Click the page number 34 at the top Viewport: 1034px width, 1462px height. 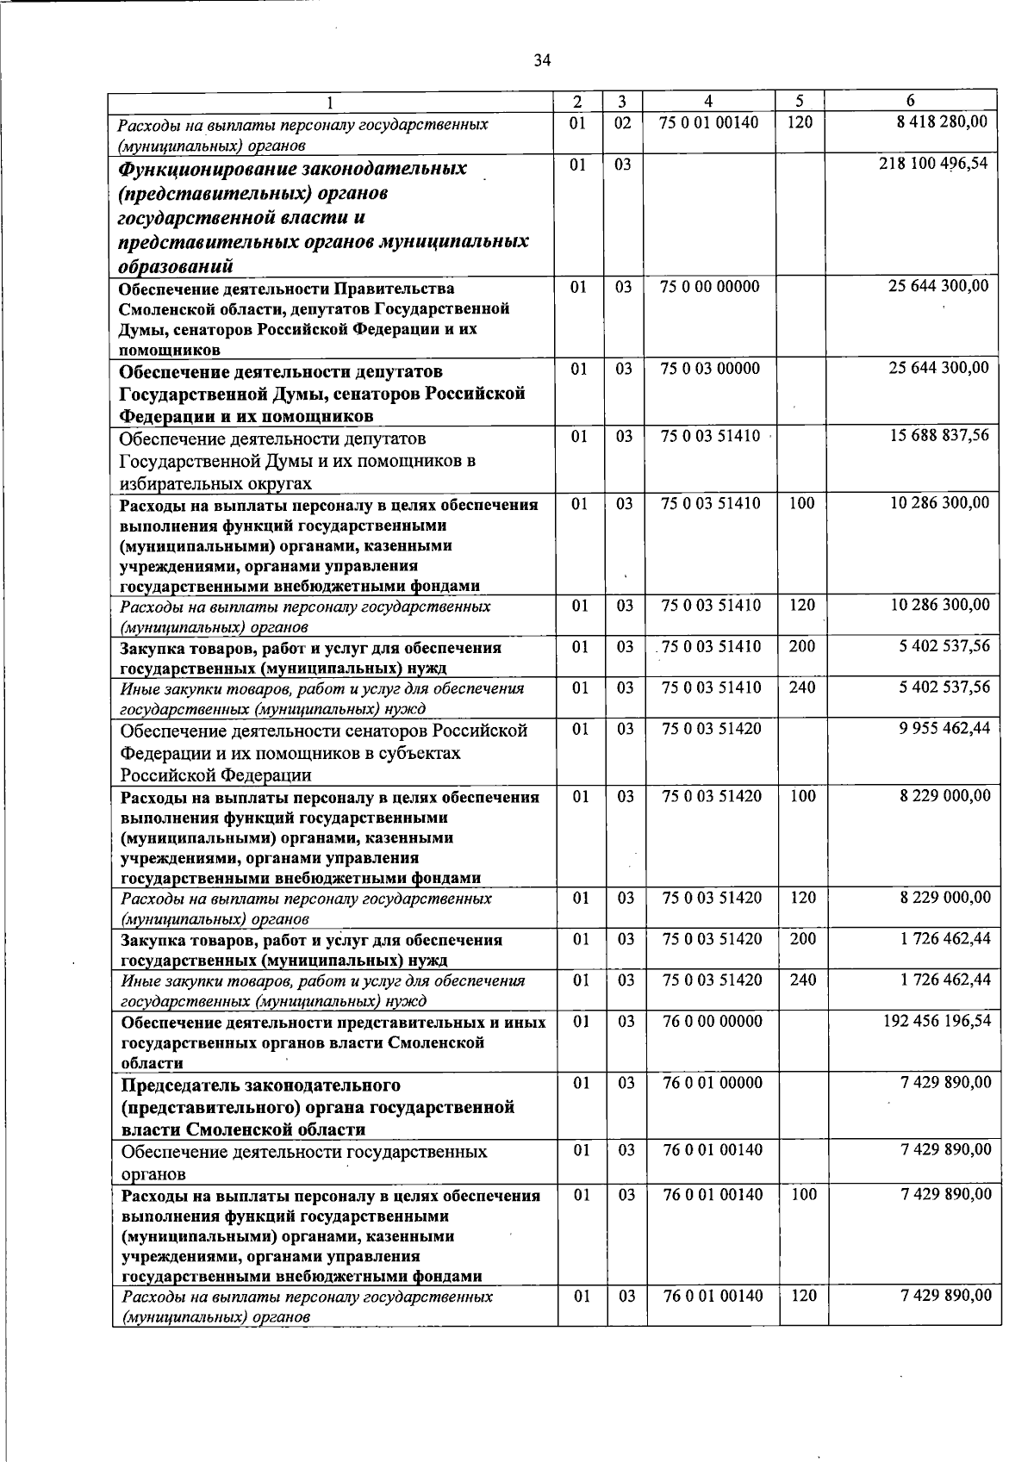point(542,60)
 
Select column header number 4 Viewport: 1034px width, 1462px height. point(708,101)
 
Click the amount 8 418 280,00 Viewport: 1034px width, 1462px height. point(942,122)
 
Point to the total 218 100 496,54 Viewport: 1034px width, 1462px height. point(933,163)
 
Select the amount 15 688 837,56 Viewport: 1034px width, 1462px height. point(939,436)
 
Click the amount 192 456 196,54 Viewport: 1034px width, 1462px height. point(937,1021)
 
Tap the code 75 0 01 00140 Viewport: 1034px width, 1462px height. point(709,122)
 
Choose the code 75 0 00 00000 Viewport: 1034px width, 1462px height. point(710,286)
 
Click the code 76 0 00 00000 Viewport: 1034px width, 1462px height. point(713,1022)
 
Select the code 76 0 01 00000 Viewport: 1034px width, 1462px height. point(713,1083)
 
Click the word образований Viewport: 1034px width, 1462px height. point(177,265)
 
